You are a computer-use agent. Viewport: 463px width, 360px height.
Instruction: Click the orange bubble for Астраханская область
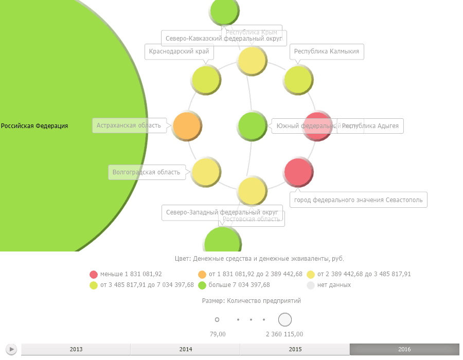[187, 125]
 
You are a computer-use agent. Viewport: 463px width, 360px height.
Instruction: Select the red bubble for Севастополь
[298, 172]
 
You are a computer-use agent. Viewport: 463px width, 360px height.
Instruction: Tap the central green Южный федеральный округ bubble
[252, 125]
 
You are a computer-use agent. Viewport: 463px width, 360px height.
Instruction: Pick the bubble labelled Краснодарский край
[206, 80]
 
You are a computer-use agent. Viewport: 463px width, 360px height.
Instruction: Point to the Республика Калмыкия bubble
[298, 80]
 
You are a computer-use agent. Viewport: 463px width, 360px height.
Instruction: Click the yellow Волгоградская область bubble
[206, 172]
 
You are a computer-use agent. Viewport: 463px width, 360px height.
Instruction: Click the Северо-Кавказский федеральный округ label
[224, 39]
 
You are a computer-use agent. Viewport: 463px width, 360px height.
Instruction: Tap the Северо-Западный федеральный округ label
[222, 212]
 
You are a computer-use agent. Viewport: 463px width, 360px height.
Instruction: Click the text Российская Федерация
[34, 126]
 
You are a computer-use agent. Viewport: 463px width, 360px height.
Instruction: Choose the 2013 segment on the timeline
[76, 350]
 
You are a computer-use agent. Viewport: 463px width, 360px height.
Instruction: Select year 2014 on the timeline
[186, 350]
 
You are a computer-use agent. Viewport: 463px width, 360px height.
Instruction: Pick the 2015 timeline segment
[295, 350]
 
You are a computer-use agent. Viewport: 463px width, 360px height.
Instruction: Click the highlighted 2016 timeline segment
[404, 350]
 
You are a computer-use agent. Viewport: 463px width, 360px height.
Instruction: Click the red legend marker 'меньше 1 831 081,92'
[93, 274]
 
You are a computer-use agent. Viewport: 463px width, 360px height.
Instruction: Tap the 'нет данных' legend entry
[334, 285]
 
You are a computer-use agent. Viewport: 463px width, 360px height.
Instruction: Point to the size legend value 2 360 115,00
[284, 334]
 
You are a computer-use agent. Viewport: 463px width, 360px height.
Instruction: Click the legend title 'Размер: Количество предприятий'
[252, 301]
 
